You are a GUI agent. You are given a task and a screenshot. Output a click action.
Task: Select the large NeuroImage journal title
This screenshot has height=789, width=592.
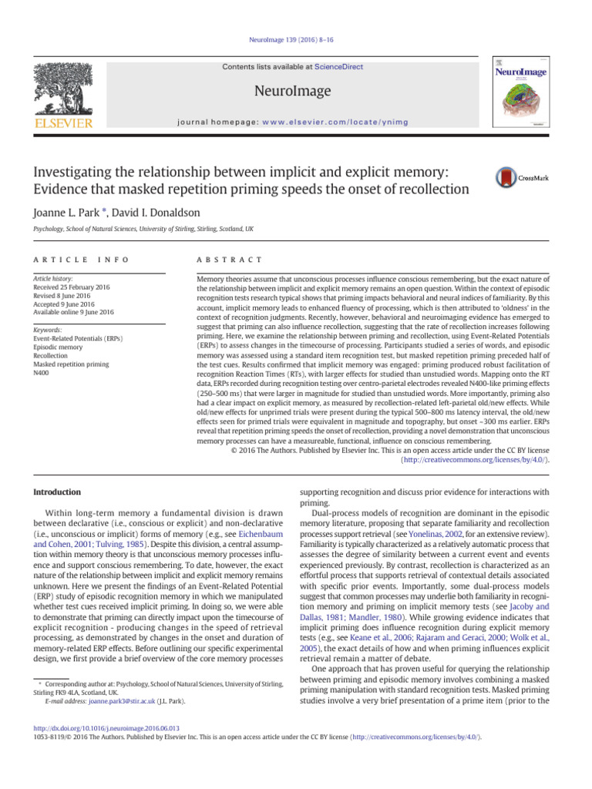pos(296,92)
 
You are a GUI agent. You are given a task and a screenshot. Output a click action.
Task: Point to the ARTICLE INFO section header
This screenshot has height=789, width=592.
pos(80,260)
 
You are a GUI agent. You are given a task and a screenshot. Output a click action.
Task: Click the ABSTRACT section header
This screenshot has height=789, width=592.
pos(230,260)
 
